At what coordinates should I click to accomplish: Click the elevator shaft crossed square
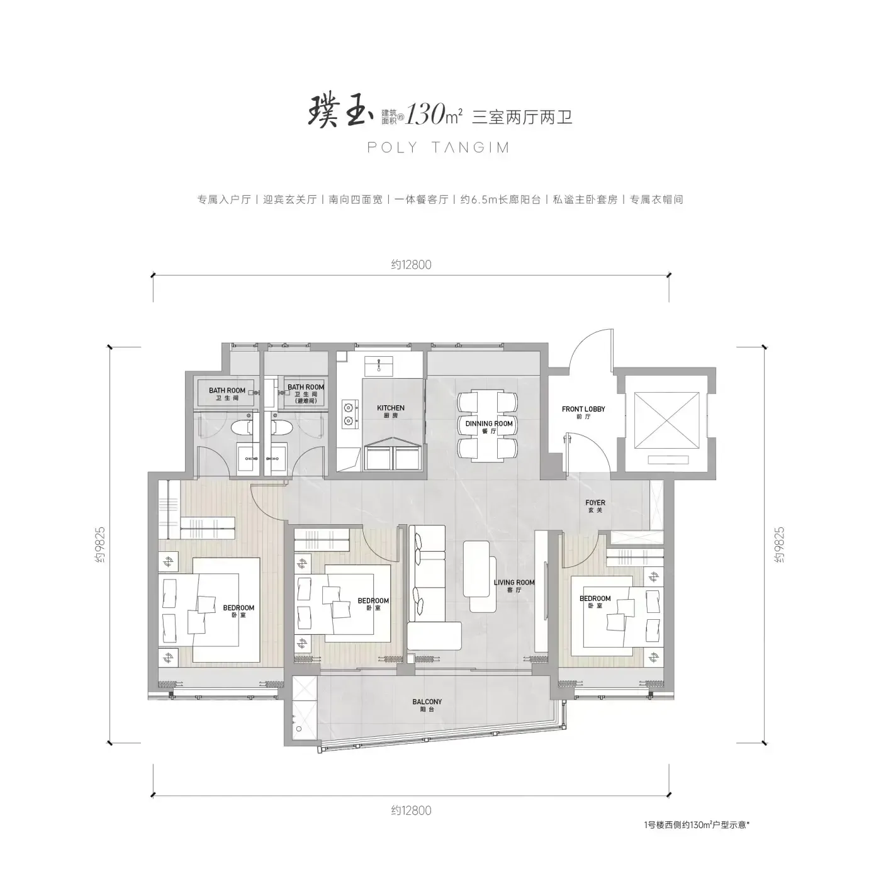click(x=666, y=420)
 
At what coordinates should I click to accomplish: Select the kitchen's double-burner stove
click(x=349, y=413)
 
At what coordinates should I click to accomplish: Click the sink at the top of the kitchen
click(x=379, y=366)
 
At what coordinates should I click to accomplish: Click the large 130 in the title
click(x=425, y=115)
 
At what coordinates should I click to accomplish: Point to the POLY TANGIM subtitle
click(x=439, y=147)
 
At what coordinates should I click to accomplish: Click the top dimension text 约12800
click(x=411, y=265)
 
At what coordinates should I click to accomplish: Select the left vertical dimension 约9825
click(x=100, y=544)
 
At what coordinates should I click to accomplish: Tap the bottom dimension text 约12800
click(x=411, y=811)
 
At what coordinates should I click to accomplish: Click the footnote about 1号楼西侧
click(x=697, y=824)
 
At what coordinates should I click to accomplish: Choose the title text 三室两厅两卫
click(x=522, y=117)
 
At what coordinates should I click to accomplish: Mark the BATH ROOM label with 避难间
click(x=306, y=393)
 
